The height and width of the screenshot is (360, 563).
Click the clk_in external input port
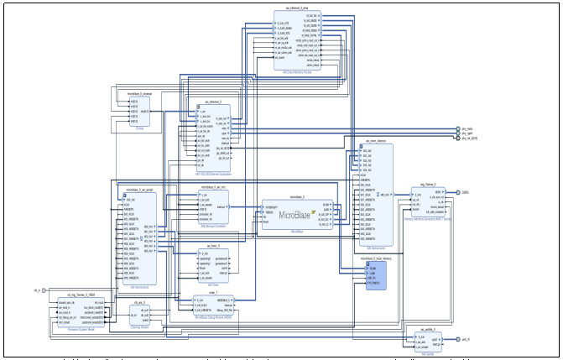pyautogui.click(x=36, y=291)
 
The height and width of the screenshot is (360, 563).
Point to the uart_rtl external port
pyautogui.click(x=464, y=339)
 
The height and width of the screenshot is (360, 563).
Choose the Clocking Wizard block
pyautogui.click(x=138, y=316)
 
